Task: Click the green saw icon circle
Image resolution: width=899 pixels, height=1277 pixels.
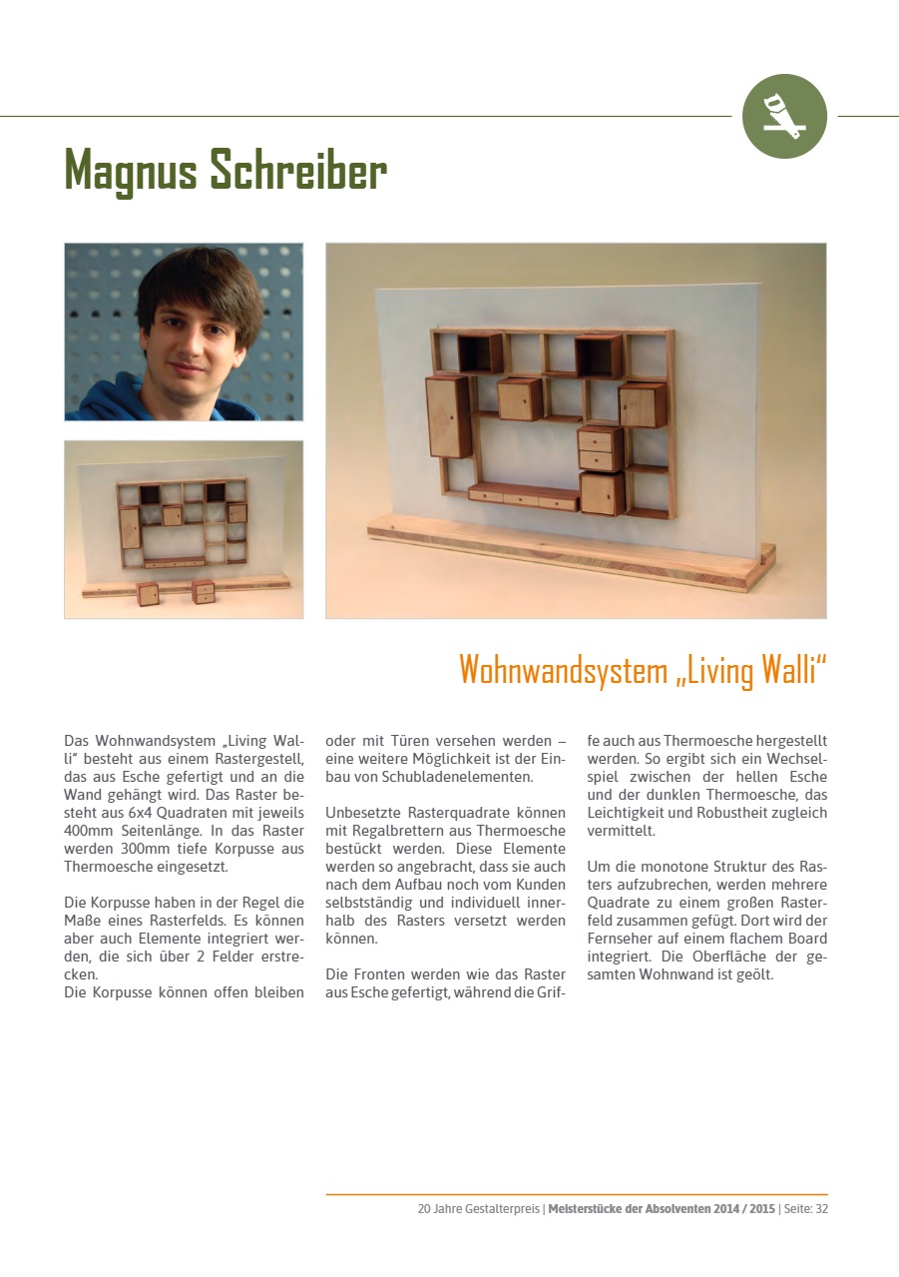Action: [x=785, y=117]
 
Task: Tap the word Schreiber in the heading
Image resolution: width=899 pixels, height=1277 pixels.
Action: [x=298, y=171]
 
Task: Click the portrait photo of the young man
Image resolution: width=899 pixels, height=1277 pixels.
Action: [x=184, y=331]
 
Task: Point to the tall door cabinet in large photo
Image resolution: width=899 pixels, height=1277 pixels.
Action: [x=447, y=416]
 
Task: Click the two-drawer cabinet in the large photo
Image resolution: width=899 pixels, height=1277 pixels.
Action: [x=600, y=448]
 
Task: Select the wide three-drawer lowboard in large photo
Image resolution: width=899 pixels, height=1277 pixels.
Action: [x=523, y=495]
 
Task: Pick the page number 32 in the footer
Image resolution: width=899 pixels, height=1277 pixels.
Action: [x=821, y=1209]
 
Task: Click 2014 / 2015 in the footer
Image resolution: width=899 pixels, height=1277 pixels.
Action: [x=741, y=1209]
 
